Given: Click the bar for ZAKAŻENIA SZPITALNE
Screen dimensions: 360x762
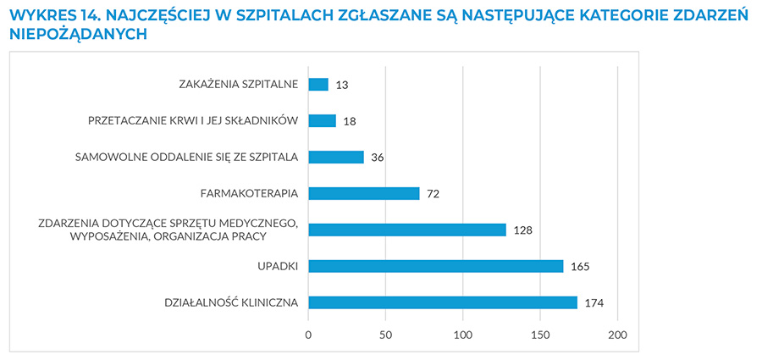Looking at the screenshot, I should pos(318,84).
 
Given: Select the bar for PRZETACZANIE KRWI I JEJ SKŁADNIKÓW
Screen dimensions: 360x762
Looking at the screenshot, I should pos(323,120).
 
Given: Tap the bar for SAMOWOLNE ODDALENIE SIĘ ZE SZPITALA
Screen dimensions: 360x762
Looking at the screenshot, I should pos(336,157).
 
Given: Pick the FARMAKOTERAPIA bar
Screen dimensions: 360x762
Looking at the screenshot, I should pos(364,193).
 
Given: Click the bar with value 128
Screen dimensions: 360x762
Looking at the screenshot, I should pos(407,230).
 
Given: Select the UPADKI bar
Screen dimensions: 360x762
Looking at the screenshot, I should pos(436,266).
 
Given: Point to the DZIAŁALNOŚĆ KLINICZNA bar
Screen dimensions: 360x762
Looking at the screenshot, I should pos(443,302).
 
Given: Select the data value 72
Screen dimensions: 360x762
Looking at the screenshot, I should pos(433,194).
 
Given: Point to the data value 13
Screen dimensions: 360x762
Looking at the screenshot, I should pos(342,85).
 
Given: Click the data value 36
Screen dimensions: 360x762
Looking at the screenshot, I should pos(378,158).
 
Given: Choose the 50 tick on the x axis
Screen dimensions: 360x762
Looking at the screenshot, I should pos(385,335).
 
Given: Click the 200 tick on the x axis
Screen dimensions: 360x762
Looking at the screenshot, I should pos(617,335).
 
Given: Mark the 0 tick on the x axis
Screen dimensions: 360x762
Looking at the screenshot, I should pos(308,335).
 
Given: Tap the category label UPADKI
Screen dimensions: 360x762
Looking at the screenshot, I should pos(278,266).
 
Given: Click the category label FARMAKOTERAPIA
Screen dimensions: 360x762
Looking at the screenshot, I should pos(249,193).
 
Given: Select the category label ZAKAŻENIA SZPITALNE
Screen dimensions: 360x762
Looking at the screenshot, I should pos(239,84).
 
